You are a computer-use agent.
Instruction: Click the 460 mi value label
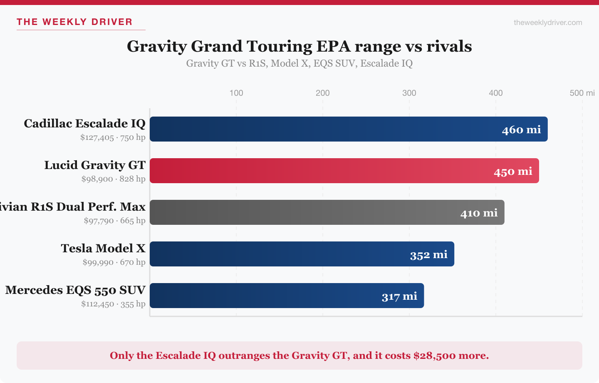(x=521, y=130)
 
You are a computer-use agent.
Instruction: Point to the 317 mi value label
(x=399, y=296)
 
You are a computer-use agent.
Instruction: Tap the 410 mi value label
(x=479, y=213)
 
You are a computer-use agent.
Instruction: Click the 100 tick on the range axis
(x=236, y=93)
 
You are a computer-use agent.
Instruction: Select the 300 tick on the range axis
(x=409, y=93)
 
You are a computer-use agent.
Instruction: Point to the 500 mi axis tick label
(x=582, y=93)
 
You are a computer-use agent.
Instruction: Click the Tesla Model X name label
(x=103, y=249)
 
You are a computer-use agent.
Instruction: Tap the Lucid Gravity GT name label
(x=95, y=165)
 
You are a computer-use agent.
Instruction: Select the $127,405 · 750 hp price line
(x=113, y=137)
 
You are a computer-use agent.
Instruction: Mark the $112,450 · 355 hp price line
(x=113, y=304)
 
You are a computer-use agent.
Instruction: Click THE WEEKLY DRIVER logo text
(x=74, y=22)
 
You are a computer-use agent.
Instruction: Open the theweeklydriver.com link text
(x=548, y=22)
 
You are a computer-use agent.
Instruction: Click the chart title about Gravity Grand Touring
(x=299, y=46)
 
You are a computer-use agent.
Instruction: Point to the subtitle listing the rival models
(x=299, y=63)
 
